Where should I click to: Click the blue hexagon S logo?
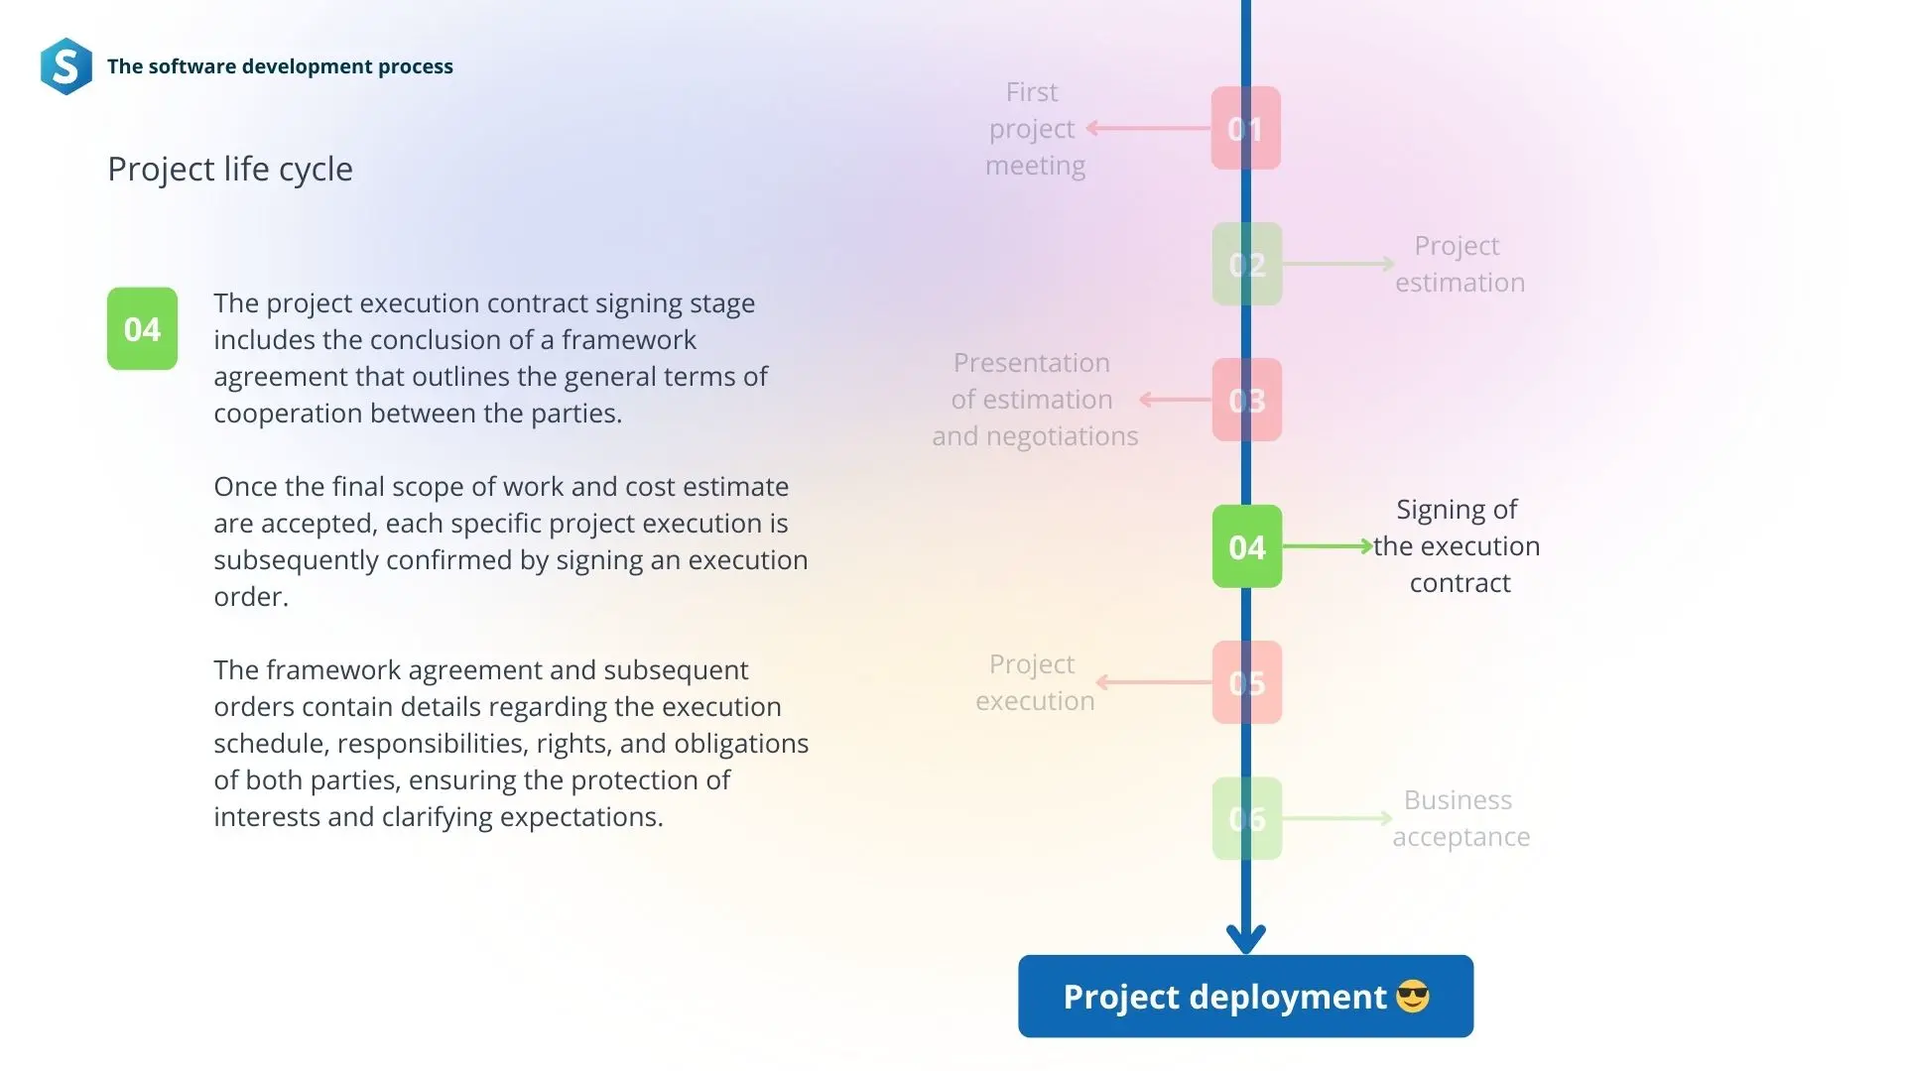coord(66,66)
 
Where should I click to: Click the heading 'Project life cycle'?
coord(230,170)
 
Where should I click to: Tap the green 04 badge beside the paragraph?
coord(142,328)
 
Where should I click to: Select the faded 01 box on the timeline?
coord(1246,128)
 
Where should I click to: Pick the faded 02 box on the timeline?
coord(1247,264)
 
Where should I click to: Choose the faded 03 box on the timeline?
coord(1247,400)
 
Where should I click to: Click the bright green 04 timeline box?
coord(1247,546)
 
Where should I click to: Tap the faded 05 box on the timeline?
coord(1247,682)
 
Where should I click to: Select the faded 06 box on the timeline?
coord(1247,818)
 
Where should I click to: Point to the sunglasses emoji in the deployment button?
coord(1413,997)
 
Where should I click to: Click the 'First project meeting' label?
coord(1035,129)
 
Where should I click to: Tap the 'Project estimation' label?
coord(1460,264)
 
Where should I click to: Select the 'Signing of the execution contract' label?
coord(1457,546)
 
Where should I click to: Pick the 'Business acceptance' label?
coord(1460,818)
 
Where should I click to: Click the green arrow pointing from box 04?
coord(1328,546)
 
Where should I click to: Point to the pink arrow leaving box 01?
coord(1149,128)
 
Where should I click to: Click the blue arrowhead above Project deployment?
coord(1246,938)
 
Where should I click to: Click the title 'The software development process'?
coord(280,66)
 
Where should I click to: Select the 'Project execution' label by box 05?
coord(1035,682)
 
